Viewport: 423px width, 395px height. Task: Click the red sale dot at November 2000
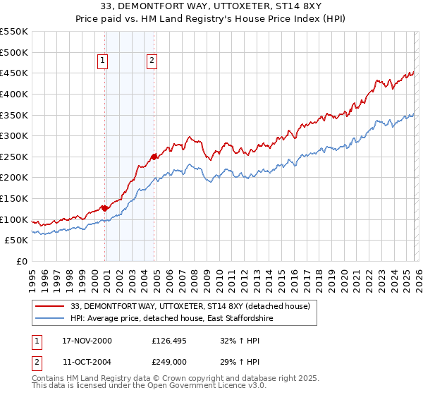tap(105, 208)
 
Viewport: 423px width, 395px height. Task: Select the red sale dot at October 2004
tap(154, 157)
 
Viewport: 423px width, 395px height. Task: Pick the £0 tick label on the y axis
tap(21, 261)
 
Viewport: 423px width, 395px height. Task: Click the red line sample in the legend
tap(50, 306)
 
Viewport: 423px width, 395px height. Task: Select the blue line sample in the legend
tap(50, 319)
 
